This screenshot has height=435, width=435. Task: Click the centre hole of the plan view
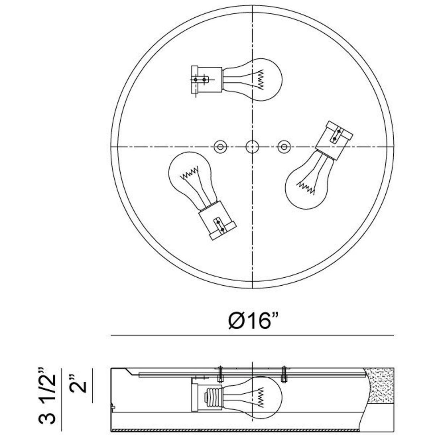pos(252,147)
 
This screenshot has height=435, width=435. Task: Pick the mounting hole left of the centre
pos(220,147)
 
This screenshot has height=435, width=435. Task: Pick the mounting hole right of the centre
pos(284,147)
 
